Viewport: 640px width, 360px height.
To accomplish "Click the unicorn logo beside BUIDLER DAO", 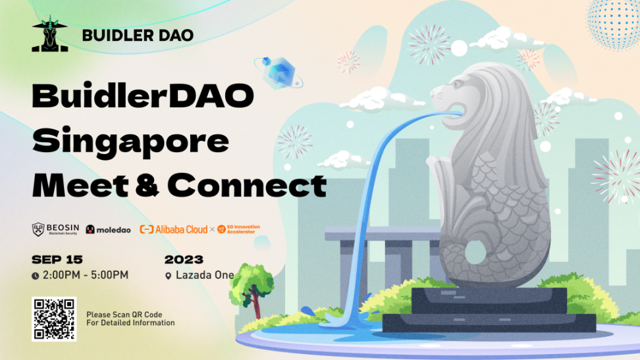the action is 50,34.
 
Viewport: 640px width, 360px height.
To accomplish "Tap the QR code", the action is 54,319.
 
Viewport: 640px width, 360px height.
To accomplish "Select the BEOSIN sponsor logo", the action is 55,230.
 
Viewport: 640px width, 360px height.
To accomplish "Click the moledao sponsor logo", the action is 108,230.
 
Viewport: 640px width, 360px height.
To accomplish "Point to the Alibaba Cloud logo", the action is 173,230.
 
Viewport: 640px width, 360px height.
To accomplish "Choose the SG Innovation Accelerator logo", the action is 238,229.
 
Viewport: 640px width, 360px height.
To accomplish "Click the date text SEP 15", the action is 57,259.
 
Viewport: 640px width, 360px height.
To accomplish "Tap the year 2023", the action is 184,259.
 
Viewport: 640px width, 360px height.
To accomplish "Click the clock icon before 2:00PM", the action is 36,276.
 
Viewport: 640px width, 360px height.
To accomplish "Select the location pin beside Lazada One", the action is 168,276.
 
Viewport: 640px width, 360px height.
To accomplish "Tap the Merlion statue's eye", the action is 457,84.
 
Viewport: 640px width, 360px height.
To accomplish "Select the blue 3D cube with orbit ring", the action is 279,72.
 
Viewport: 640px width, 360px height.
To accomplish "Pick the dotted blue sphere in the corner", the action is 614,24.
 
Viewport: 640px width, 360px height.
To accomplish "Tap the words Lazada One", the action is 205,276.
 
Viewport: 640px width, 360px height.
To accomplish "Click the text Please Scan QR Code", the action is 124,315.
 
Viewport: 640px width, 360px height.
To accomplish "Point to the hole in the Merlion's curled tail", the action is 475,251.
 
